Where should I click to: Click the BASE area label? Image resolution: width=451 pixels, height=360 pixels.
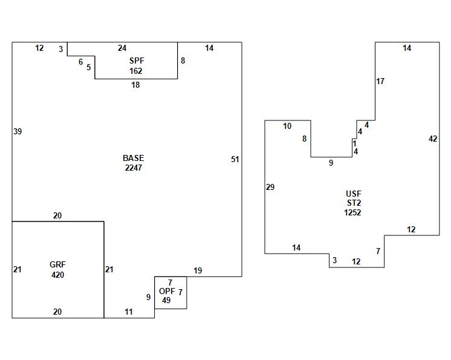coord(134,159)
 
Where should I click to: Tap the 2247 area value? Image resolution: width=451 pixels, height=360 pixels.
coord(134,168)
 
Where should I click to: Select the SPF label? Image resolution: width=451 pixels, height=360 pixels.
coord(135,61)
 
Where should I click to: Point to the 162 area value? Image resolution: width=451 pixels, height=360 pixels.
coord(135,71)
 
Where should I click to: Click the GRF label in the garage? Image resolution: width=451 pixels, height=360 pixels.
coord(57,265)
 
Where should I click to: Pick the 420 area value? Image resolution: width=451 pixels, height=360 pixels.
coord(57,275)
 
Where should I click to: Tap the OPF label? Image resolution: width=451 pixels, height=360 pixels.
coord(167,291)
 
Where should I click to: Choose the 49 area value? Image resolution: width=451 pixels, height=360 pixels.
coord(166,300)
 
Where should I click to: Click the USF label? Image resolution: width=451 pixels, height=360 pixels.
coord(354,194)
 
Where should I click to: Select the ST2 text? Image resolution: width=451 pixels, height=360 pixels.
coord(354,203)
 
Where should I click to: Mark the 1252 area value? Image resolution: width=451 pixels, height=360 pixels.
coord(353,212)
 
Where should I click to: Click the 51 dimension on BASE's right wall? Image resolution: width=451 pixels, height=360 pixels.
coord(235,159)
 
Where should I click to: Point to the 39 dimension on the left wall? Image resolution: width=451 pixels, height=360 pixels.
coord(18,131)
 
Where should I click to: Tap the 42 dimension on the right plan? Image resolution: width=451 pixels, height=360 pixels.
coord(433,139)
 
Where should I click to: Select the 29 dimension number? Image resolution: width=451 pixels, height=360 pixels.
coord(270,187)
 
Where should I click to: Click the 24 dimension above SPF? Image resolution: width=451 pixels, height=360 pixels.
coord(122,48)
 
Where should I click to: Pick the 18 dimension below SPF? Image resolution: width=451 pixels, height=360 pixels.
coord(135,85)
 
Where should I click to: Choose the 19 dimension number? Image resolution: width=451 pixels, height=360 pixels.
coord(198,270)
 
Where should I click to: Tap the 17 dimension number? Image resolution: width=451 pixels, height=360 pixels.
coord(380,81)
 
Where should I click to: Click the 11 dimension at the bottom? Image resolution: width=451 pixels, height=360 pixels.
coord(129,312)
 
